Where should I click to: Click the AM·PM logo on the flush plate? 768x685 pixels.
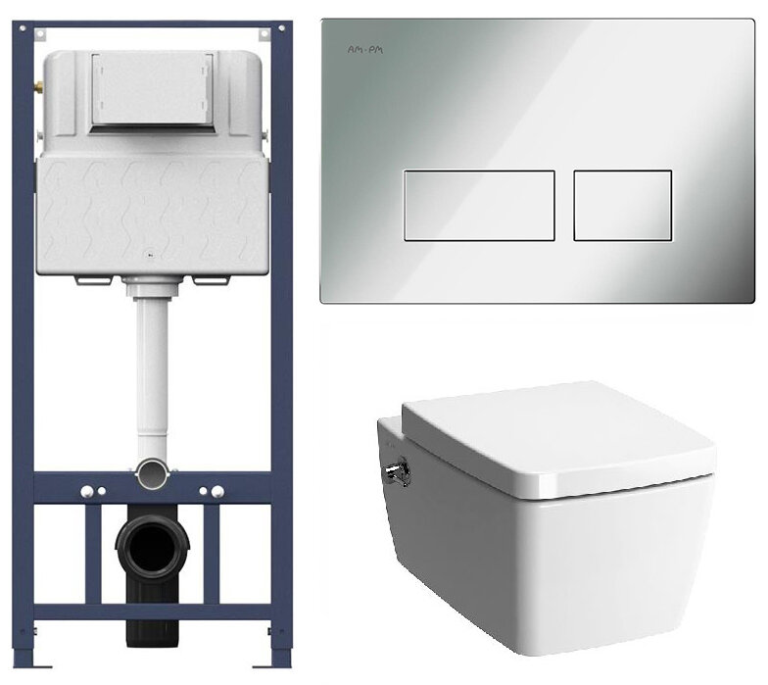click(x=364, y=50)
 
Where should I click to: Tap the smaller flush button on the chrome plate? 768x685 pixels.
click(x=623, y=206)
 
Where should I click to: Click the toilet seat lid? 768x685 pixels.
click(x=557, y=436)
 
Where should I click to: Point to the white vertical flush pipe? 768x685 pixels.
click(x=153, y=373)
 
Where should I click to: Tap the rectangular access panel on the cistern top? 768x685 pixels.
click(x=153, y=90)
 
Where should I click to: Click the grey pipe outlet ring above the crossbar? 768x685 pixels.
click(x=153, y=472)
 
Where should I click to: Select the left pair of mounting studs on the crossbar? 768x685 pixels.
click(x=94, y=491)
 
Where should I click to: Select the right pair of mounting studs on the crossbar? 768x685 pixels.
click(x=212, y=491)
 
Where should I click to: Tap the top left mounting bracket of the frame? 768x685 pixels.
click(x=40, y=33)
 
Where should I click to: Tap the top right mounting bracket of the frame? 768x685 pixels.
click(x=264, y=33)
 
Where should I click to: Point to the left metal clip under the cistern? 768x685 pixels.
click(x=94, y=280)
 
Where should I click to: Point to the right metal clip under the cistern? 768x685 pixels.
click(x=212, y=280)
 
